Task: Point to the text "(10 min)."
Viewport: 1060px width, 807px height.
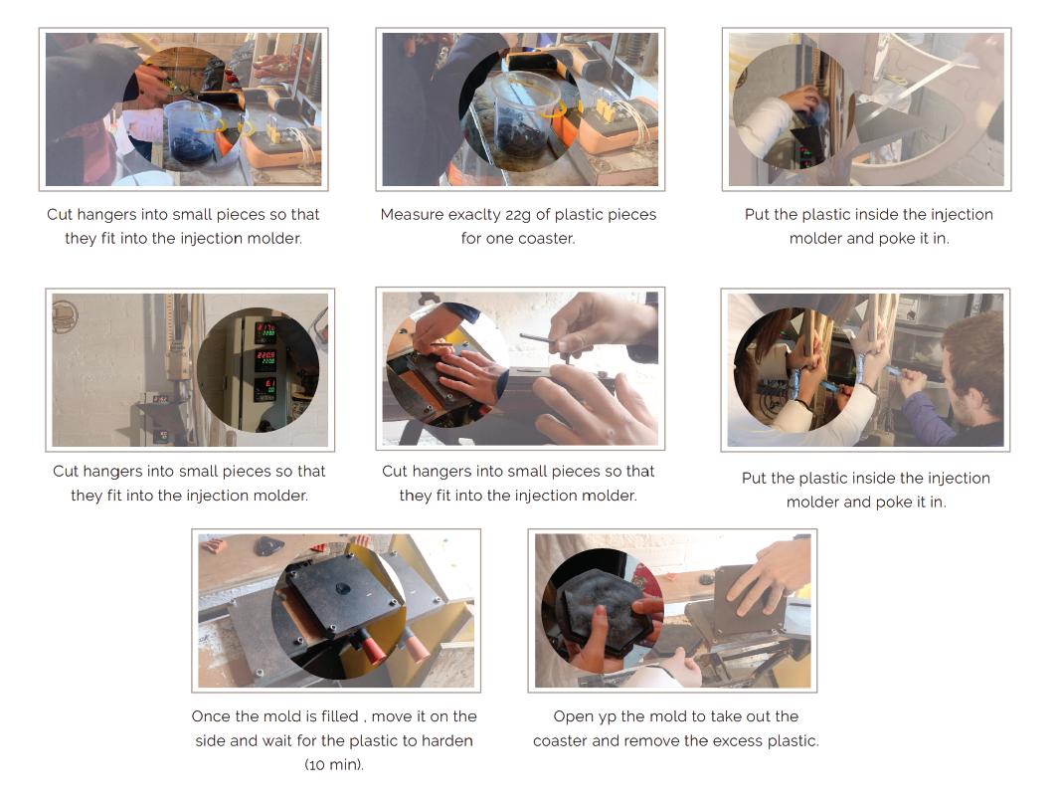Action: point(334,765)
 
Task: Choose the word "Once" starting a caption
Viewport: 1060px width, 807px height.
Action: point(208,716)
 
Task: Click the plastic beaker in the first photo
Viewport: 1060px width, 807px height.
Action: point(193,131)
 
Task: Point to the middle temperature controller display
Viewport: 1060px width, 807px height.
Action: point(265,358)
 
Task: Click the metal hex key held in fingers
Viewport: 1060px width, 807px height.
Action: point(545,339)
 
